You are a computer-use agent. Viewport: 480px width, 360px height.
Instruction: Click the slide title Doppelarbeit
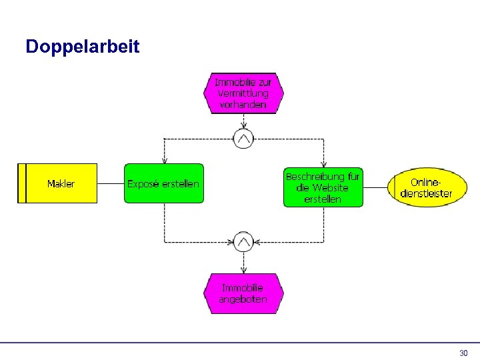[82, 47]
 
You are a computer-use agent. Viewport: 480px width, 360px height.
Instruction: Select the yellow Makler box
[61, 183]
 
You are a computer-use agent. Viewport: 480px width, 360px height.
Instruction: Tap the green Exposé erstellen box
[163, 183]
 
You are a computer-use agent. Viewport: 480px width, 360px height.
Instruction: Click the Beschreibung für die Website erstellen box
[323, 187]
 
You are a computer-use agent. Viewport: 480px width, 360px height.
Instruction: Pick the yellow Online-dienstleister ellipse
[426, 187]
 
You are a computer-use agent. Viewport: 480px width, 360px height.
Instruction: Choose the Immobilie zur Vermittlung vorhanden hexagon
[243, 93]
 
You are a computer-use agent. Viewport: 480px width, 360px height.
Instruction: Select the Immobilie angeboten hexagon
[243, 293]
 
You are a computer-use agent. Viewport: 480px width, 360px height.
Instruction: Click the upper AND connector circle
[243, 139]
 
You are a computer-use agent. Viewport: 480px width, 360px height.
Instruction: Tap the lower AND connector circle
[243, 241]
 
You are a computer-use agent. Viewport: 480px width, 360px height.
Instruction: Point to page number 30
[464, 353]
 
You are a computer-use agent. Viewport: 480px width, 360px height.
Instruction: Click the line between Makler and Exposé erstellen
[110, 183]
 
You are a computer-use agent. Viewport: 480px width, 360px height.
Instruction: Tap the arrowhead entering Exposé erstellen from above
[164, 161]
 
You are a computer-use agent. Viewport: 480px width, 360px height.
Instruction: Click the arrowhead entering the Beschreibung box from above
[323, 164]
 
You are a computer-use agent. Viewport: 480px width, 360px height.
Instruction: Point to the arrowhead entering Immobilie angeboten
[243, 270]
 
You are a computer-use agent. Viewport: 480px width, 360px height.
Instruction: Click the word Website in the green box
[330, 188]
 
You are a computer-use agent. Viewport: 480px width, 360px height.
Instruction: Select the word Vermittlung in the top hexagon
[243, 93]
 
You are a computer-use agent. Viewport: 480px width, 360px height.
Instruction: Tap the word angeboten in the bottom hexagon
[243, 299]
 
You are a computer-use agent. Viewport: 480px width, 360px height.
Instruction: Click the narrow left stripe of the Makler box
[21, 183]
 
